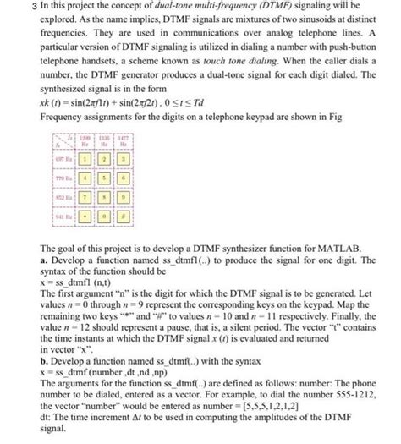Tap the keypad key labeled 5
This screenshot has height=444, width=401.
click(x=105, y=180)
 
